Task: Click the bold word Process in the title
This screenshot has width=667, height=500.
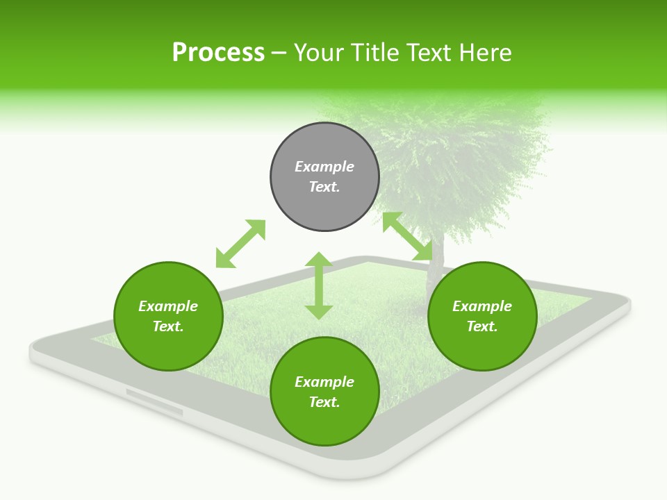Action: pos(218,53)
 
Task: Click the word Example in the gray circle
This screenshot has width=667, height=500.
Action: pos(324,167)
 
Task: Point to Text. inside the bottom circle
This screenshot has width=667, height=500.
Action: pos(324,402)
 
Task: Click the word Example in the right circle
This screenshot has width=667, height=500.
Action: pos(482,306)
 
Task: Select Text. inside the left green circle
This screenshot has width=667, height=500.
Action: pos(168,326)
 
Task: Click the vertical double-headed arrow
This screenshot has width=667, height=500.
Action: pos(319,286)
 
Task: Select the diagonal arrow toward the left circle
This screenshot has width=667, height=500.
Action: pos(240,244)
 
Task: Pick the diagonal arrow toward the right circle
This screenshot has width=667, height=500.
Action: pos(408,237)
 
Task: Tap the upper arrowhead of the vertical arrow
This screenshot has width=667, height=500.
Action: pos(319,260)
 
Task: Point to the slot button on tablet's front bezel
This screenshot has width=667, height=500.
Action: pos(154,403)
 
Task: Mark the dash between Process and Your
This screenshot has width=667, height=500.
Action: pos(279,53)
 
